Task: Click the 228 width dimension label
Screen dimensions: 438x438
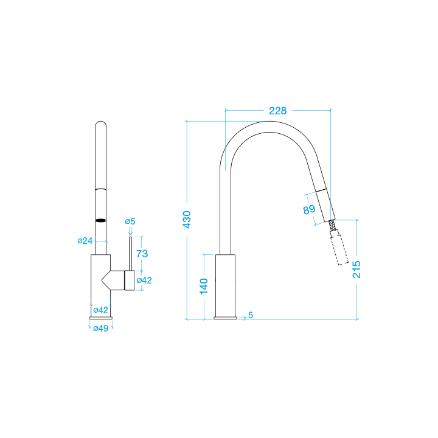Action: click(277, 111)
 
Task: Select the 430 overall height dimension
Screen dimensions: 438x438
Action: click(187, 220)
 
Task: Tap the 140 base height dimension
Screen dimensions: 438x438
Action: click(204, 286)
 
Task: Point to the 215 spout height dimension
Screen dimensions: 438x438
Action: click(356, 269)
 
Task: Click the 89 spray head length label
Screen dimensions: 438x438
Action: click(309, 209)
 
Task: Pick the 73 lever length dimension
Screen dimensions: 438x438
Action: click(142, 254)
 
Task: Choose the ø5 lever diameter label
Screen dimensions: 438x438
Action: click(130, 221)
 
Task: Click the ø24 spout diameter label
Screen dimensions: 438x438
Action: click(85, 240)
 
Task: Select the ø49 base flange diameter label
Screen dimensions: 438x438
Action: click(100, 328)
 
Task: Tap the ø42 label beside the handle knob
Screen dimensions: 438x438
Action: click(144, 280)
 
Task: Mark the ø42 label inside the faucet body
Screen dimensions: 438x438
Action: click(100, 310)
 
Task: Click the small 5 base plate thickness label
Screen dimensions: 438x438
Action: click(251, 315)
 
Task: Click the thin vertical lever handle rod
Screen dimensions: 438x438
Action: click(130, 254)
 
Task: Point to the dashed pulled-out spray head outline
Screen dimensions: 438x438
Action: click(339, 247)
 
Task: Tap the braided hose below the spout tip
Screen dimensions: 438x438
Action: click(332, 225)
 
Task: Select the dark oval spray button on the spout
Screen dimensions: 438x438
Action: click(100, 221)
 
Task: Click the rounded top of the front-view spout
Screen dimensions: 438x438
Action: click(100, 123)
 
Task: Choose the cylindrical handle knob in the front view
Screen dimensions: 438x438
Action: click(130, 280)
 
